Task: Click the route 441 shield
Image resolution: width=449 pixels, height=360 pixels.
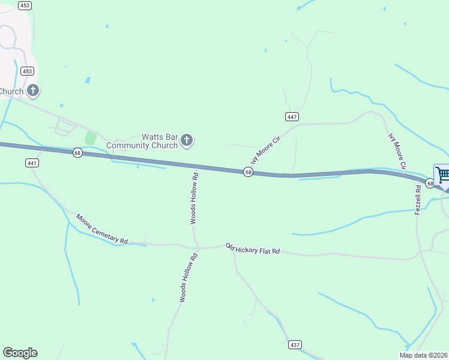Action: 32,163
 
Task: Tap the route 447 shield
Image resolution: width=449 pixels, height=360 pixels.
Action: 292,116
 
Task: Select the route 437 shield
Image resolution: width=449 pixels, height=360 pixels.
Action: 295,344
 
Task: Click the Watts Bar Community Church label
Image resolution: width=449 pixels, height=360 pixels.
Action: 142,141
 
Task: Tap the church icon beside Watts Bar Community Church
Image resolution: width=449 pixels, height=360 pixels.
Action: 187,141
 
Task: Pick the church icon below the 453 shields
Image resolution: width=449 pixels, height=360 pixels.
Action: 33,91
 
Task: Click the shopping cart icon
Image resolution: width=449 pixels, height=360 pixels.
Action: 443,175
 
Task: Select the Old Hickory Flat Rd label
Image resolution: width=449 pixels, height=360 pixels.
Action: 253,248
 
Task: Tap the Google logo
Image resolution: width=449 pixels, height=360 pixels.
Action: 20,353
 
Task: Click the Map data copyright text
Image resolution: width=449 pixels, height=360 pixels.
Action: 424,355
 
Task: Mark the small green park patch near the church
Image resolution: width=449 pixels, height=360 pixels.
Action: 91,138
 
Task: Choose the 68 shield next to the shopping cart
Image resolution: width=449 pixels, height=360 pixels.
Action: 430,183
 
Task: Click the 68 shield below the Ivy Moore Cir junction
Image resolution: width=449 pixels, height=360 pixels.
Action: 248,172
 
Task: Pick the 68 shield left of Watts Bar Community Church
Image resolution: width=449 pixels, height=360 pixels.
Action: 77,153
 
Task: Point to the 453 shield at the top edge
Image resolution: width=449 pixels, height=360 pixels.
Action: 25,5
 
